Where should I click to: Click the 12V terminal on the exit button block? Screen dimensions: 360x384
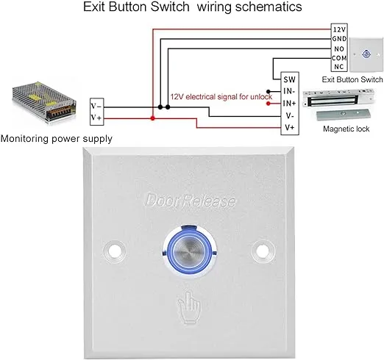point(339,29)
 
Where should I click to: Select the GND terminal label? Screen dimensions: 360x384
point(339,37)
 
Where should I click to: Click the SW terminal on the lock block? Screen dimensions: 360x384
point(289,79)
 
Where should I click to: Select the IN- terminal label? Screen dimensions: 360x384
point(289,91)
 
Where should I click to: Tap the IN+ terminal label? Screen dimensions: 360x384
point(289,104)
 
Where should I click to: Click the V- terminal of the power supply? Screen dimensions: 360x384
point(97,105)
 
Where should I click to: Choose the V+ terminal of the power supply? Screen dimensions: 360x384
point(97,118)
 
